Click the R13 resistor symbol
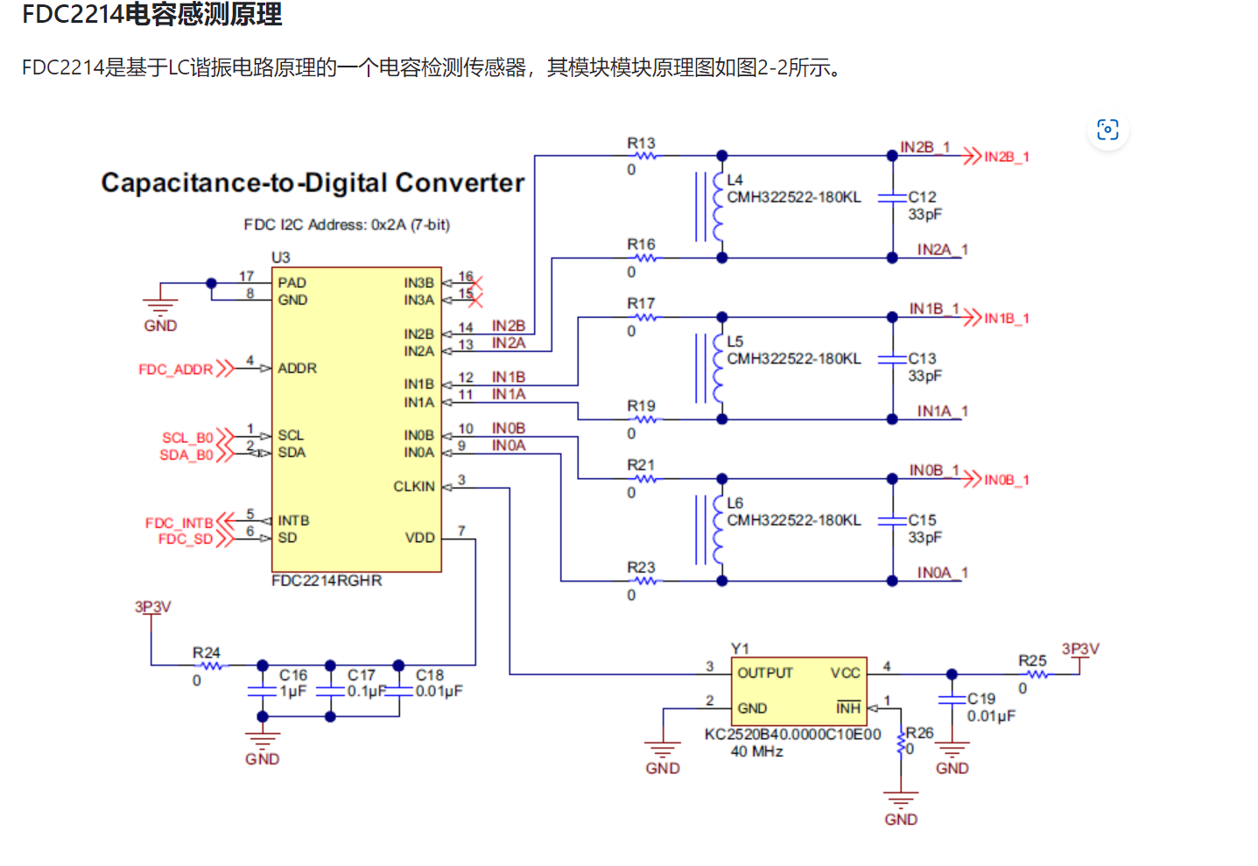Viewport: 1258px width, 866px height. pos(645,156)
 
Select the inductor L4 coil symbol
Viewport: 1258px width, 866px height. pos(718,207)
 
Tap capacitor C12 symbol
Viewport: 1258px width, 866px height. pos(892,198)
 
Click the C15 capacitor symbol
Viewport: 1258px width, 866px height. pos(892,521)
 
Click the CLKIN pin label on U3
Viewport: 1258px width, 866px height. pos(413,487)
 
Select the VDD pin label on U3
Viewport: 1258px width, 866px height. pos(419,538)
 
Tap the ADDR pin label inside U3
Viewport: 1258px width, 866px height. pos(297,369)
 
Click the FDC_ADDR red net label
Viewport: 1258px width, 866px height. pos(175,370)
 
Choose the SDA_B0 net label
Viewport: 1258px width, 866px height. pos(186,455)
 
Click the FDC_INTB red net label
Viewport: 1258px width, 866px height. pos(179,523)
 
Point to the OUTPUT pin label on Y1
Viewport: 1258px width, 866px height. pos(764,673)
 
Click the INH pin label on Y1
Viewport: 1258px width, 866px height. pos(847,708)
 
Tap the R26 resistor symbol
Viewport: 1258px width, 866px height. pos(901,743)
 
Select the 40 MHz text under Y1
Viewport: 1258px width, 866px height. pos(756,751)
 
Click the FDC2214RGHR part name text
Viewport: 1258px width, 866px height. pos(327,581)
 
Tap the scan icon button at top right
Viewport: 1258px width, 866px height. pos(1107,130)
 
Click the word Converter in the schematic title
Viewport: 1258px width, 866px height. pos(459,182)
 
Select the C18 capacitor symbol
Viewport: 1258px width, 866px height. pos(399,691)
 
